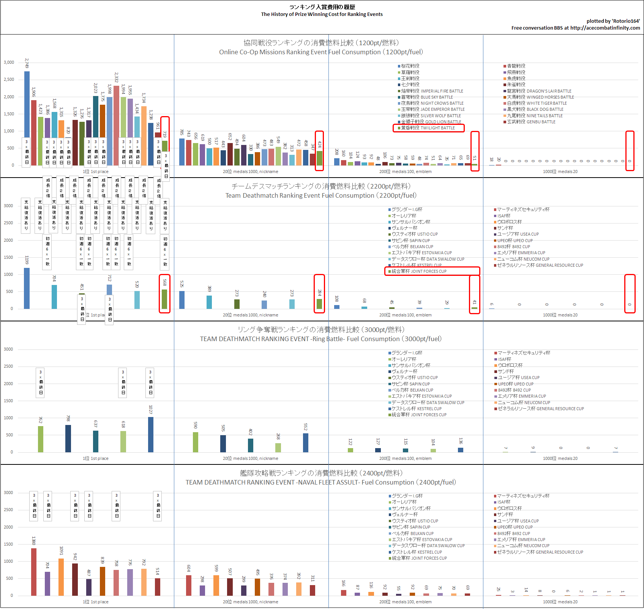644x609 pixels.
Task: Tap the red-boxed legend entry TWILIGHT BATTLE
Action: pos(428,128)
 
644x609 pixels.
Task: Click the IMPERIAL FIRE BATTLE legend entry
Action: pos(432,91)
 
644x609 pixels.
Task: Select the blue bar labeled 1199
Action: pos(27,288)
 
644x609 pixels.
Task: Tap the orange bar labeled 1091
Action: pos(61,577)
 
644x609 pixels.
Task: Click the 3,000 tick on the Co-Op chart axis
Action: pos(9,62)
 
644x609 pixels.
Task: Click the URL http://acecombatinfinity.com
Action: pos(605,28)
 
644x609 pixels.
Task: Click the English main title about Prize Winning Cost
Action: pos(322,14)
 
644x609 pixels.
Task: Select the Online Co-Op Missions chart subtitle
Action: pos(321,52)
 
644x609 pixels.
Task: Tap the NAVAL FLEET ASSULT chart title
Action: pos(321,482)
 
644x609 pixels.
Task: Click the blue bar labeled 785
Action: pos(182,152)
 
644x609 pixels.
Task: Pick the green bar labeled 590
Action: pos(196,442)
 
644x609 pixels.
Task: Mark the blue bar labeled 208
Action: pos(337,162)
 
